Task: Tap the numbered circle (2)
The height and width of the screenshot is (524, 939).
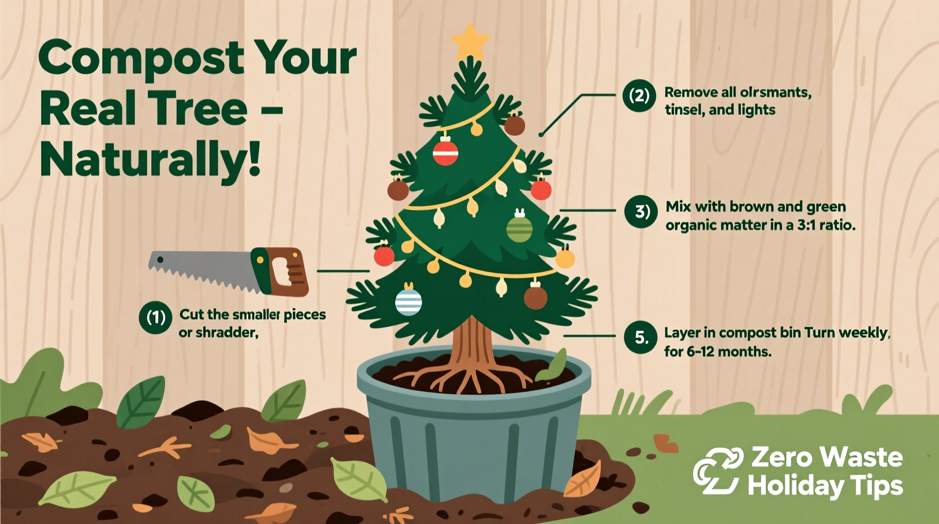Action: (639, 95)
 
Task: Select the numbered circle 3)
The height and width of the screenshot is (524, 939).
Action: (641, 212)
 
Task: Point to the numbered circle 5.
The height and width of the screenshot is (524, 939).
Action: (640, 338)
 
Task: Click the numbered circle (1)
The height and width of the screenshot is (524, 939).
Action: (155, 317)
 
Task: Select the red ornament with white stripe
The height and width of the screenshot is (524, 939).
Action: (445, 151)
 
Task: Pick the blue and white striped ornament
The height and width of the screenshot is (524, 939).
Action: (409, 302)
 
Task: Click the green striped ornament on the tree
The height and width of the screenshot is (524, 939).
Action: (519, 229)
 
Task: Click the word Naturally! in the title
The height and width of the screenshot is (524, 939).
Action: (150, 160)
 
